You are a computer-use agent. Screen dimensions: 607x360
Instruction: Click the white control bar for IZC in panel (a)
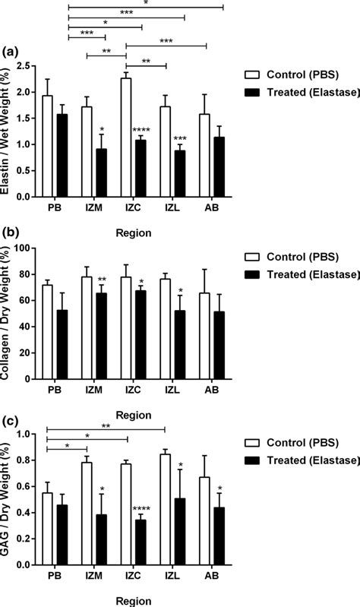[x=126, y=138]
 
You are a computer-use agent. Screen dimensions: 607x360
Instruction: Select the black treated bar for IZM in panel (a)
[x=101, y=172]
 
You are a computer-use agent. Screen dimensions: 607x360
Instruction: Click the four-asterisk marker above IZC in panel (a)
[x=141, y=130]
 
